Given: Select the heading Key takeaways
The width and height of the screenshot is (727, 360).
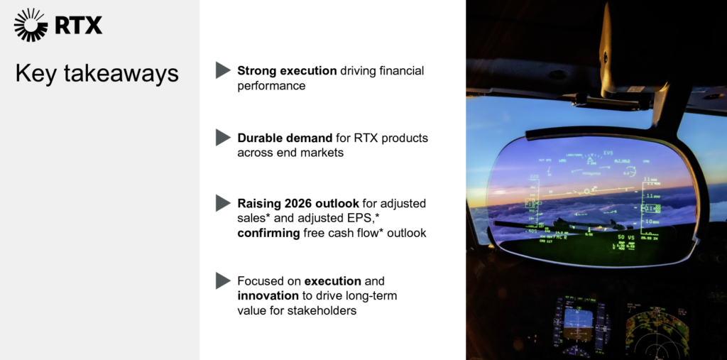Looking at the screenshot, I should click(x=97, y=75).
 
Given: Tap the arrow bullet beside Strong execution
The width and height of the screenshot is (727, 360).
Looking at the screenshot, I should click(x=223, y=70).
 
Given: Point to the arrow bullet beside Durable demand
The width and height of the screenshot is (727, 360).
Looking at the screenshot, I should click(x=223, y=137).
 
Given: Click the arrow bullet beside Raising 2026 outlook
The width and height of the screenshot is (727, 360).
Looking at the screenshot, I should click(x=223, y=203).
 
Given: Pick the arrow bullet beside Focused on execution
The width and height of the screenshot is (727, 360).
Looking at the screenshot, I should click(x=223, y=280).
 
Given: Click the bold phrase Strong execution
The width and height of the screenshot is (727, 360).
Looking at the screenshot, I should click(x=287, y=71).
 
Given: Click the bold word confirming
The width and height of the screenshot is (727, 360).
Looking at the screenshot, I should click(x=268, y=233).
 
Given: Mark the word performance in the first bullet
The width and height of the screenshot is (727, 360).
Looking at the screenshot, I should click(x=271, y=86).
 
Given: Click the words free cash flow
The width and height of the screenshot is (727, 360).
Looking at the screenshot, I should click(x=339, y=233).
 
